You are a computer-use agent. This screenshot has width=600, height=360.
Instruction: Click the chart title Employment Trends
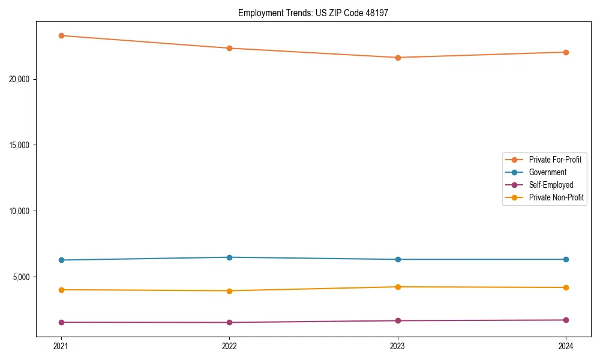(313, 13)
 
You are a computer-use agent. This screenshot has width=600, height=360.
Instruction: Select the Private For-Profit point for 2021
(61, 35)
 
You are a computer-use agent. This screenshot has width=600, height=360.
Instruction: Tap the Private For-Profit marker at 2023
(398, 58)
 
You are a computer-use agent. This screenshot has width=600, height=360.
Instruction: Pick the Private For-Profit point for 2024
(566, 52)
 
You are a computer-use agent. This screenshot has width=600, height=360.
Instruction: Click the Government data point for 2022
(229, 257)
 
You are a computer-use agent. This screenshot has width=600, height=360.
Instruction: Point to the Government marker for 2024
(566, 259)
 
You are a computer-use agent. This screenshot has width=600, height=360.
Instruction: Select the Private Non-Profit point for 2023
(398, 287)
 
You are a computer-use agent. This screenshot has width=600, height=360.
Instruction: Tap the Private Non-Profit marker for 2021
(61, 290)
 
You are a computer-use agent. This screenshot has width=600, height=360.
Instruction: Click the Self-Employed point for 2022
(229, 322)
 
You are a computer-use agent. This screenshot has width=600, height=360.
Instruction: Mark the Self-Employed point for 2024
(566, 320)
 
